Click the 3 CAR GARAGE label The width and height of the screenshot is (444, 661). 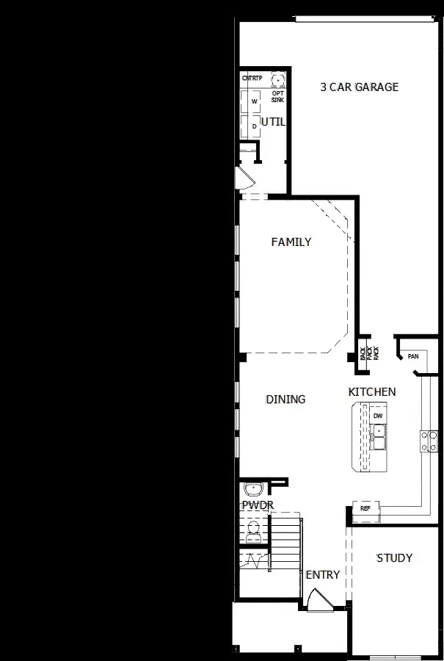[359, 87]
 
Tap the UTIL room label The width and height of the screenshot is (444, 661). [273, 122]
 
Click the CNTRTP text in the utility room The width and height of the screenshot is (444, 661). [252, 78]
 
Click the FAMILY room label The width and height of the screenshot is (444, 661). [291, 242]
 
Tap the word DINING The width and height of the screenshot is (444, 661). [285, 400]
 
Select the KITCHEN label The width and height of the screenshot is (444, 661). [372, 392]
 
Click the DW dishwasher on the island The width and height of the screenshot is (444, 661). [378, 416]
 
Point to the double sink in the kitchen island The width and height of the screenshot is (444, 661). [379, 441]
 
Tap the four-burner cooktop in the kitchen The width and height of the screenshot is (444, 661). [429, 440]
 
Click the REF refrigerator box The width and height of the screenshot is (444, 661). [365, 508]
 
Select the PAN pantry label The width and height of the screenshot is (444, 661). [413, 357]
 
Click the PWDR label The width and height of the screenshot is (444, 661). [257, 505]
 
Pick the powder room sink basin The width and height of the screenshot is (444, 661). [255, 488]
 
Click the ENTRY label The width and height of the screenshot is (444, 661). [323, 575]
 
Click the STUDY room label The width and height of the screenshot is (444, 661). [394, 558]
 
